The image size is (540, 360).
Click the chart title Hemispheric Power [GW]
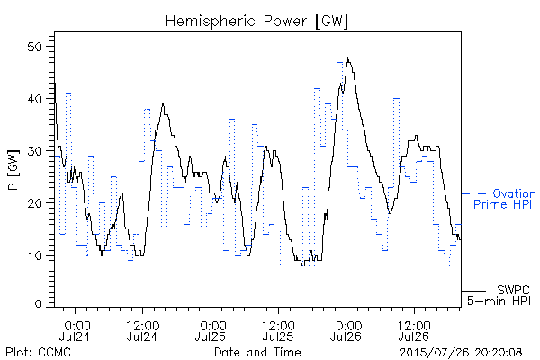point(256,21)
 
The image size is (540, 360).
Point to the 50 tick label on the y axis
point(34,47)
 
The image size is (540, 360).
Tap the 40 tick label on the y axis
point(34,99)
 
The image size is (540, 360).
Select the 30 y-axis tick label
point(34,151)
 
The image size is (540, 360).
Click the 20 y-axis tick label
point(34,202)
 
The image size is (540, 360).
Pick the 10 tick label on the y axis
point(34,256)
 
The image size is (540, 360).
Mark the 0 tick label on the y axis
point(38,304)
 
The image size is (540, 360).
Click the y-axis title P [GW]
point(13,169)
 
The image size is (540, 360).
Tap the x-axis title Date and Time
point(257,352)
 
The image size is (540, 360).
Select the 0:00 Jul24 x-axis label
point(75,331)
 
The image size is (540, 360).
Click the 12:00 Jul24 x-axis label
point(142,331)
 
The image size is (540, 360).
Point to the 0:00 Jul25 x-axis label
point(211,331)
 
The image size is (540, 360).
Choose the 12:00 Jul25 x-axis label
point(278,331)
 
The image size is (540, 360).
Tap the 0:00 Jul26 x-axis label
point(346,331)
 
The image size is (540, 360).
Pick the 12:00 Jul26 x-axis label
point(414,331)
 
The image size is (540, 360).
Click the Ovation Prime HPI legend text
point(505,199)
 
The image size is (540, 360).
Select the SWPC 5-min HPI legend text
point(499,295)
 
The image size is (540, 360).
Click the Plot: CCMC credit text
point(38,352)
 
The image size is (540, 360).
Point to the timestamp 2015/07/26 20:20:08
point(461,353)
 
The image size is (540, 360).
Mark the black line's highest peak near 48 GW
point(347,58)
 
